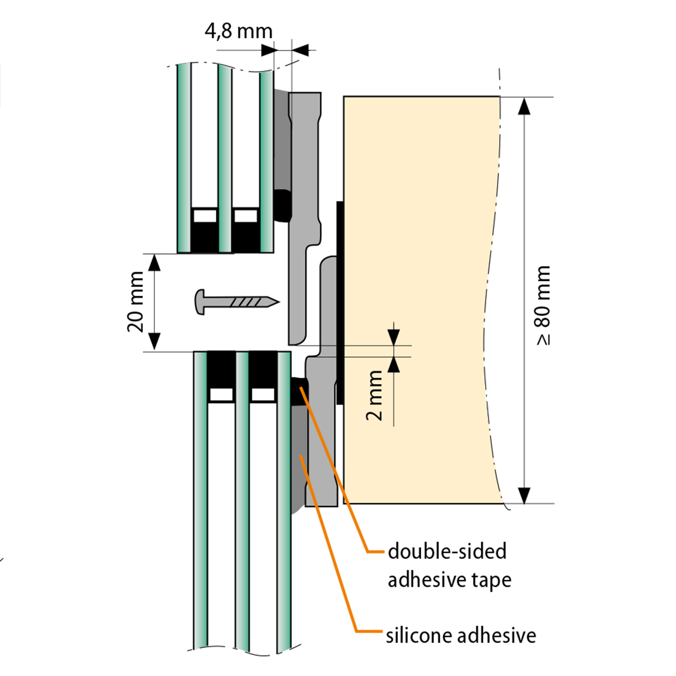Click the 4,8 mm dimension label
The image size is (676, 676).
(x=239, y=32)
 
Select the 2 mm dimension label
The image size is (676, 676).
(x=374, y=395)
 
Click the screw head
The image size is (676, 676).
(x=200, y=302)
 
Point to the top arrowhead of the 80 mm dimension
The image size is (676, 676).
(x=524, y=106)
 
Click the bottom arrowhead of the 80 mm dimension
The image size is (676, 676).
(x=524, y=495)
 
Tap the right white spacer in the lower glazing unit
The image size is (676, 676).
(x=263, y=395)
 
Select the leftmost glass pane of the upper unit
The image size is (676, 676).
(x=184, y=158)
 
